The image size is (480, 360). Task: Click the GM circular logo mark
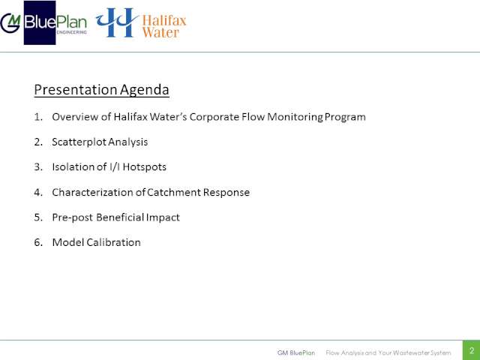(10, 23)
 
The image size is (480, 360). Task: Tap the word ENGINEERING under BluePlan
(72, 32)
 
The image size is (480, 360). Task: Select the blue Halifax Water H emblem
(117, 22)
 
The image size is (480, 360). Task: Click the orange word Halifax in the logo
(164, 21)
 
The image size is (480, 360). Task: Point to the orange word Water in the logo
(160, 32)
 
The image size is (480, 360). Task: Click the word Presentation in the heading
(76, 90)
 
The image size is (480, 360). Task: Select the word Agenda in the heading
(145, 90)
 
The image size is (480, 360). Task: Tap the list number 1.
(38, 117)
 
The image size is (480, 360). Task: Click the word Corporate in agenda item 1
(214, 117)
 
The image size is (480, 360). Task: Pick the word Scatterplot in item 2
(79, 142)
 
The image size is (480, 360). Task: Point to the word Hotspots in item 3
(145, 167)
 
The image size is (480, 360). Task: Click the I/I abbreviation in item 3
(115, 166)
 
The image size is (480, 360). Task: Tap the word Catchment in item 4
(173, 192)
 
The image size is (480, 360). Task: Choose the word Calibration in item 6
(113, 242)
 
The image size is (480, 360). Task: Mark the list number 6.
(38, 242)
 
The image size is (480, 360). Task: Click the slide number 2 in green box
(472, 351)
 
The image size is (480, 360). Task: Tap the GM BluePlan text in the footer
(296, 352)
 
